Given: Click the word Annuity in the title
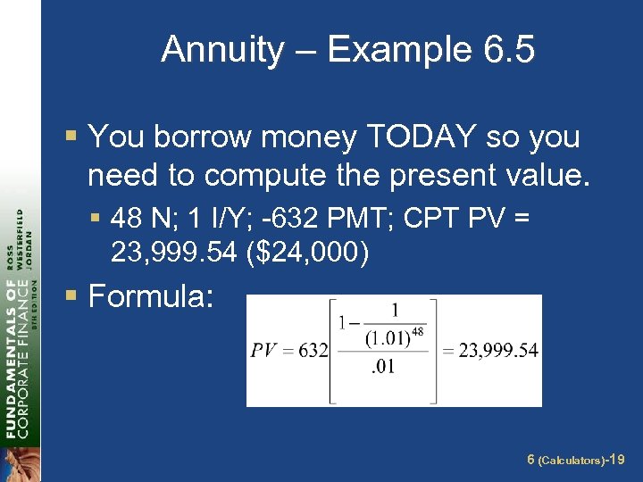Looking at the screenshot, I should [221, 50].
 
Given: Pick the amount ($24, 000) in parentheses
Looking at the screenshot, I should [304, 254].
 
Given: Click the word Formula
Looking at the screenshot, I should [150, 295].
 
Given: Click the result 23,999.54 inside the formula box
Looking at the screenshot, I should [497, 350].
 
